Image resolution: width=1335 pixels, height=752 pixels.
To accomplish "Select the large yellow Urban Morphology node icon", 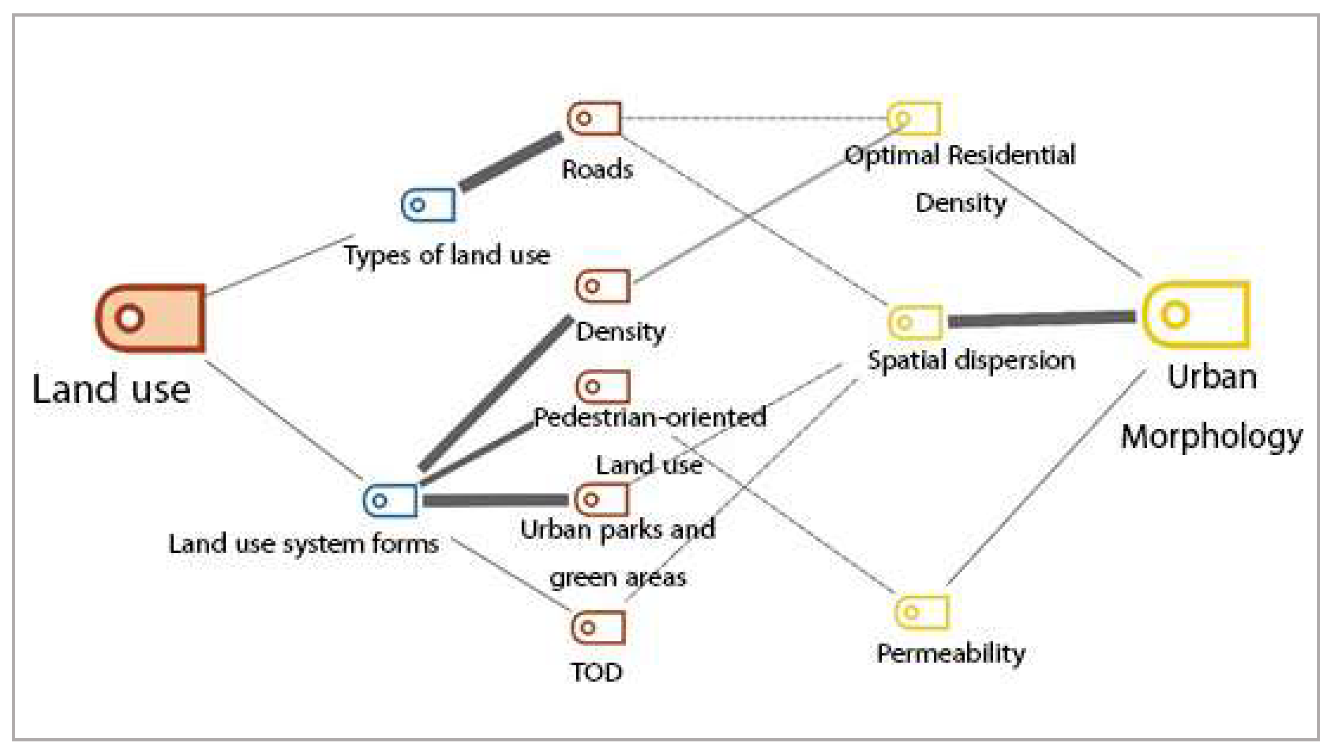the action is click(1196, 314).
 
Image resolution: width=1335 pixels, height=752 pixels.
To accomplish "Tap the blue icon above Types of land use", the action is click(428, 205).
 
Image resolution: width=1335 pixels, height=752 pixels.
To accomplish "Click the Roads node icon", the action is click(594, 118).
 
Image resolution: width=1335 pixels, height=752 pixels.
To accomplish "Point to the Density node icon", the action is click(603, 286).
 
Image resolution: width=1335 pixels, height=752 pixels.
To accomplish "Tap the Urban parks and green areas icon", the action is click(601, 499).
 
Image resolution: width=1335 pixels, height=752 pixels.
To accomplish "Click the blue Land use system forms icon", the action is click(390, 500).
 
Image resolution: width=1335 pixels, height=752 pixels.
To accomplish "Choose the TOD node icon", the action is click(598, 627).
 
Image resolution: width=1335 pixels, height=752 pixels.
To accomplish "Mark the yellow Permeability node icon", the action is click(921, 611).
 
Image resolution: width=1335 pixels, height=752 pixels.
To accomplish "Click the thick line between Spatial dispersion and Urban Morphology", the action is click(1042, 319).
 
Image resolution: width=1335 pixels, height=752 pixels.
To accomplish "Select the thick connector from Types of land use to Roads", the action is click(511, 161).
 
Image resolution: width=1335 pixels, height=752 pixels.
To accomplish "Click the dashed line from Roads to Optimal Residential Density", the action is click(755, 118).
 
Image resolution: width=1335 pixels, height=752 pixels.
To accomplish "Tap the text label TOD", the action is click(597, 672).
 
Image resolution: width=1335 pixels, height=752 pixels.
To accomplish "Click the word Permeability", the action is click(951, 654).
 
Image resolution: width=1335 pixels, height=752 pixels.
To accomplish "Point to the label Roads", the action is click(597, 170).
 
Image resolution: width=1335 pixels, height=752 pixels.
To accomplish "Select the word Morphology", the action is click(1212, 436).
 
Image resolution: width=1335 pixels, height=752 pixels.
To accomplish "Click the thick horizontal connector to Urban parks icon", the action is click(496, 500).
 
